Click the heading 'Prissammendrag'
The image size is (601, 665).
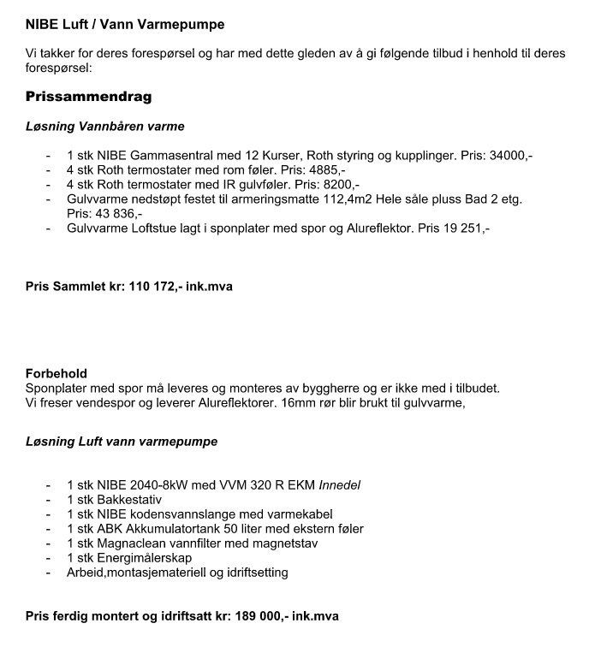[88, 96]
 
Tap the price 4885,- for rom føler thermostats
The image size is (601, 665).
[324, 169]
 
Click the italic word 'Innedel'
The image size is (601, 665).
[340, 485]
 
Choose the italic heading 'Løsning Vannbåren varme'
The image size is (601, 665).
[104, 127]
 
